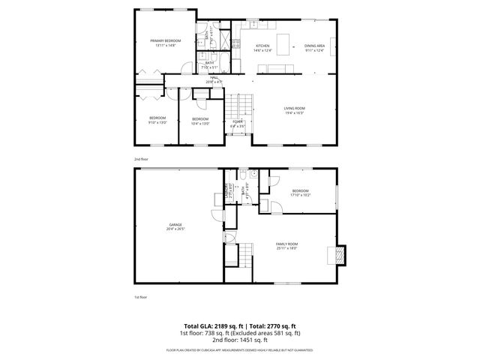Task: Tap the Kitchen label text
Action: (x=262, y=48)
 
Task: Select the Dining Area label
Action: (x=314, y=48)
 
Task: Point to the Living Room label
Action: (x=294, y=111)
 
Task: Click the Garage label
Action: (x=175, y=226)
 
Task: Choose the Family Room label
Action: (x=287, y=245)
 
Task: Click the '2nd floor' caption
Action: (x=141, y=160)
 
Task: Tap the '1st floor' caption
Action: (x=141, y=297)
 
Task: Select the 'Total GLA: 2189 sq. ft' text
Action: (x=205, y=326)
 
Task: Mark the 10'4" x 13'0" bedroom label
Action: (x=200, y=121)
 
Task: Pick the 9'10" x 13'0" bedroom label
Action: (x=157, y=120)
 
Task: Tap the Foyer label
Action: (x=237, y=122)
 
